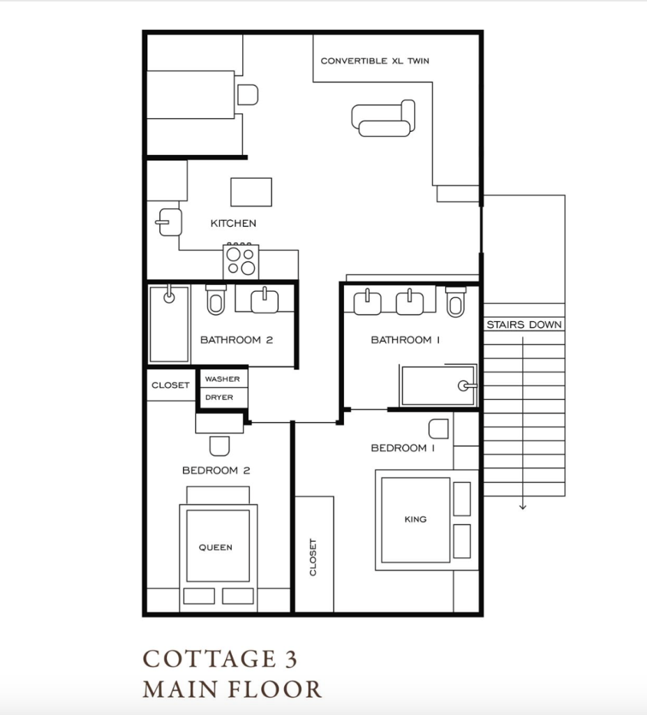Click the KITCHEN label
233,223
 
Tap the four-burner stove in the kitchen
241,261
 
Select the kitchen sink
169,222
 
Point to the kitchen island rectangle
251,192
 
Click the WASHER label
222,379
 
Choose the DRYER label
219,397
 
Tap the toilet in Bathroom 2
216,300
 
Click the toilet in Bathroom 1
456,302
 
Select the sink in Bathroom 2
265,300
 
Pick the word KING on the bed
415,519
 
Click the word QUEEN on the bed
215,547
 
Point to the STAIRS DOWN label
524,325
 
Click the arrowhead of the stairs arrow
523,507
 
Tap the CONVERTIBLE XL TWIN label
375,61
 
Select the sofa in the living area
383,118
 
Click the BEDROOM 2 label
216,470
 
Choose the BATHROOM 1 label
406,340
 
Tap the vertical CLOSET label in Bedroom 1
313,557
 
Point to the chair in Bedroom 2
219,446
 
